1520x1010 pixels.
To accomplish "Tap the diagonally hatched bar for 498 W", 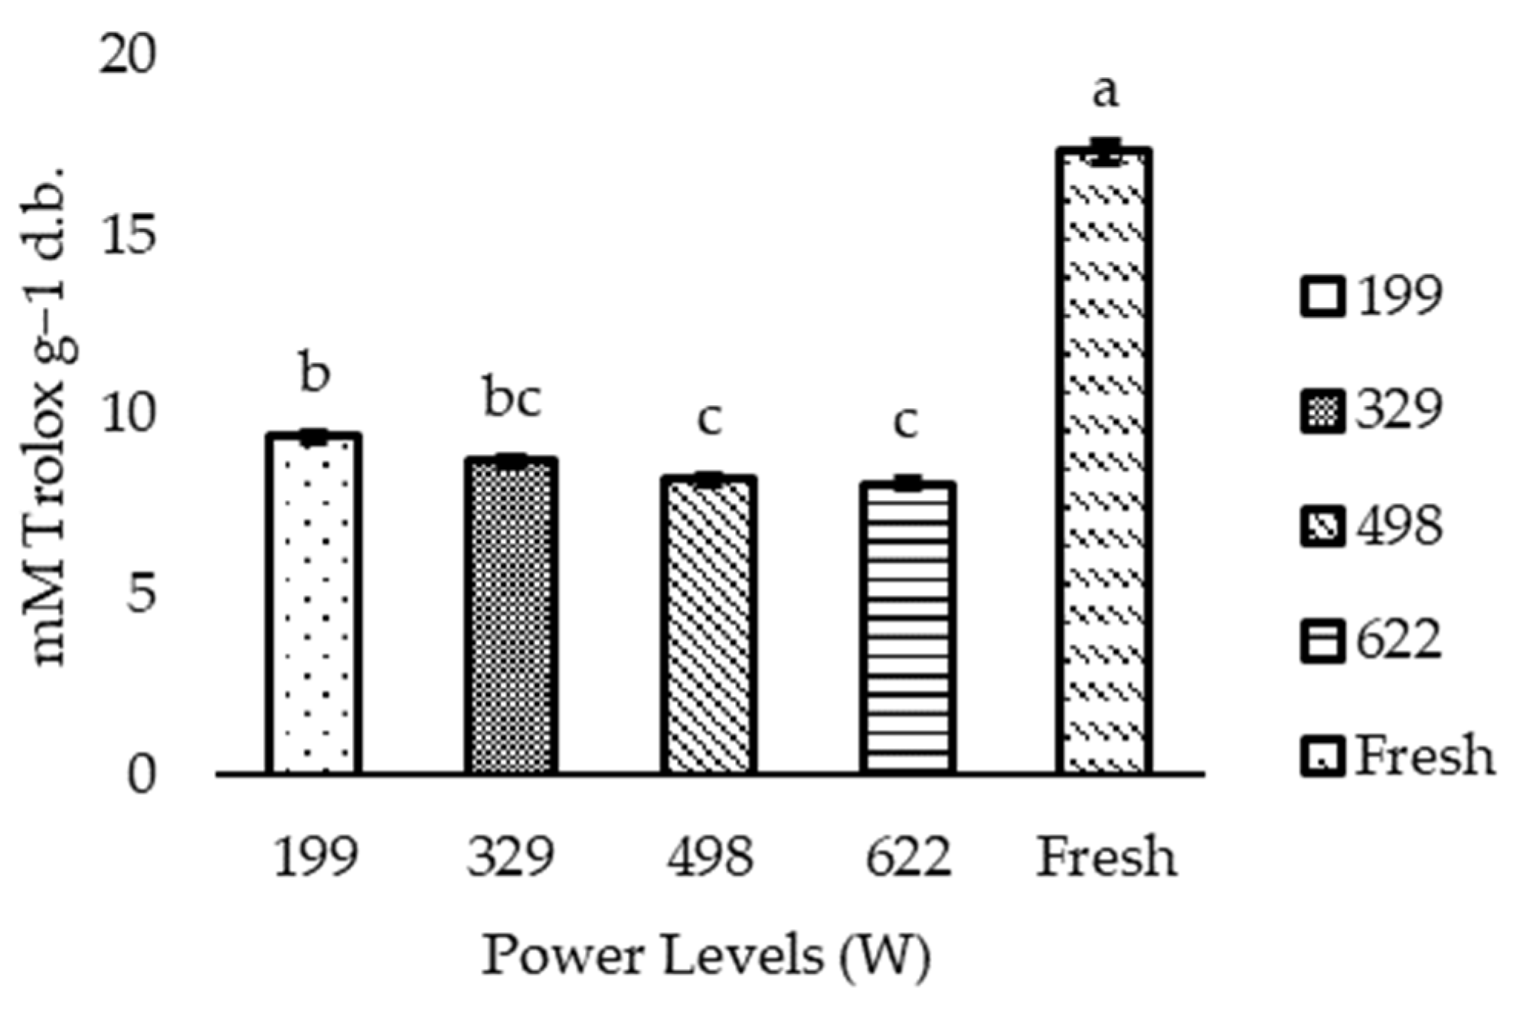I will (x=709, y=624).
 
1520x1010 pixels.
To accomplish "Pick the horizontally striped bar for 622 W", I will (x=907, y=628).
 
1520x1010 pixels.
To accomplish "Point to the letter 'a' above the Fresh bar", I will (x=1104, y=92).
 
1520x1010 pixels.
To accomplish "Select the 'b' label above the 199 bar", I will (x=315, y=374).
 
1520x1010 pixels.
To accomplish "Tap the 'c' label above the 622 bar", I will (x=907, y=420).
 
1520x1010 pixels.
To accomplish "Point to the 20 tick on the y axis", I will (x=127, y=54).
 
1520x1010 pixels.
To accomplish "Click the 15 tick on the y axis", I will (x=127, y=234).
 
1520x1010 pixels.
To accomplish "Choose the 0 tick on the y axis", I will (x=141, y=774).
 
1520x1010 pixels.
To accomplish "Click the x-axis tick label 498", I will (x=710, y=857).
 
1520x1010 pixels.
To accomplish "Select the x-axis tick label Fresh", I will (x=1106, y=857).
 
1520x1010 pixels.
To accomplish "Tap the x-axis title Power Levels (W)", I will (x=705, y=956).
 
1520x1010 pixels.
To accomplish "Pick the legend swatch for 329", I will (x=1322, y=411).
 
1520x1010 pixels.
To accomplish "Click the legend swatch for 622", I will (x=1322, y=642).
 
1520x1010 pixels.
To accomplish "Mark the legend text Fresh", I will (x=1425, y=756).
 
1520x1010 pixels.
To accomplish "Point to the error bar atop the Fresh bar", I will (x=1105, y=152).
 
